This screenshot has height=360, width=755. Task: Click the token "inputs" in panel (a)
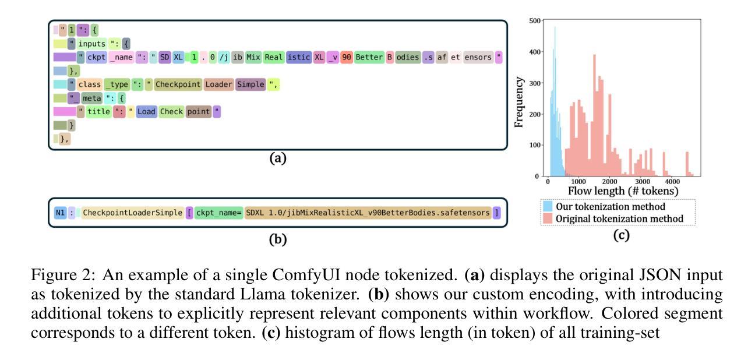tap(91, 44)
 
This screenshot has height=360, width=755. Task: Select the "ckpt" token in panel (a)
tap(96, 57)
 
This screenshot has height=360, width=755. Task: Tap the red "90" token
tap(346, 57)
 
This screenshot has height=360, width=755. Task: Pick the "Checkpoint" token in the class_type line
tap(178, 84)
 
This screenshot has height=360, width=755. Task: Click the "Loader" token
tap(218, 84)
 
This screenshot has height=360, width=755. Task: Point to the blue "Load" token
tap(146, 112)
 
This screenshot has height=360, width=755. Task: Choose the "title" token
tap(98, 112)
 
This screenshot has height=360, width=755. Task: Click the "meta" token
tap(91, 98)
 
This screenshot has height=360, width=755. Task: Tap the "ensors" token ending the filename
tap(478, 57)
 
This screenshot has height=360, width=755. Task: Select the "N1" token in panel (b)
tap(60, 213)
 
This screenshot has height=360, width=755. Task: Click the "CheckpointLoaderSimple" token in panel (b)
tap(132, 213)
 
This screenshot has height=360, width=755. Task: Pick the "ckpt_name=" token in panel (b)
tap(218, 213)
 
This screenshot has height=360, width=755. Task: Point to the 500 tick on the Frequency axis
tap(535, 21)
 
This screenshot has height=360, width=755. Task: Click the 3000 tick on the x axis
tap(643, 182)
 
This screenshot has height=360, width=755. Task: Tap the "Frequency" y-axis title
tap(519, 102)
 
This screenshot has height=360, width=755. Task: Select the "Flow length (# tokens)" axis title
tap(623, 191)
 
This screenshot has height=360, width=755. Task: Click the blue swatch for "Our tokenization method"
tap(548, 206)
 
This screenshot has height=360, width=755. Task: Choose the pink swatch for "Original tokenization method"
tap(548, 218)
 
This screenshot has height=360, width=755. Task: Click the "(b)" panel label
tap(278, 239)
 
